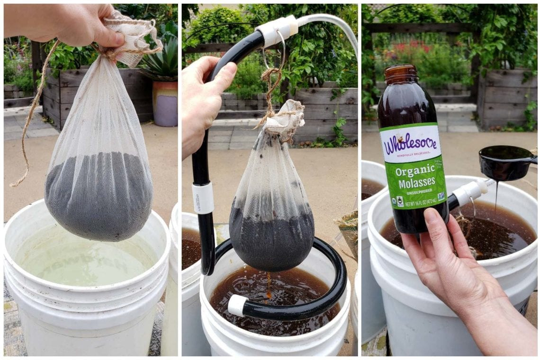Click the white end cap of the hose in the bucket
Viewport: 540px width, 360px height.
click(x=236, y=306)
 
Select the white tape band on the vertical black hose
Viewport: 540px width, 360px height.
click(x=203, y=198)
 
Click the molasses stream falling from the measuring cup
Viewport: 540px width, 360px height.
click(x=496, y=199)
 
